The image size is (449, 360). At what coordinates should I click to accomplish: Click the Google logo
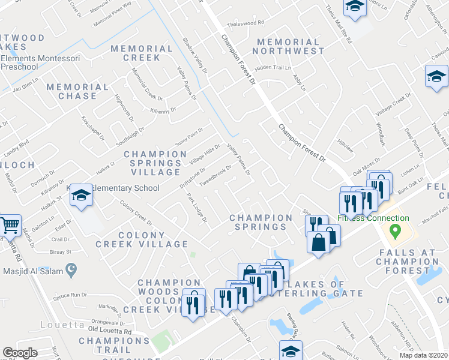[20, 353]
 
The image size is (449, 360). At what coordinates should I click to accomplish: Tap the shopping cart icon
[10, 226]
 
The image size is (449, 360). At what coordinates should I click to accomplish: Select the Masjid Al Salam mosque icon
[71, 271]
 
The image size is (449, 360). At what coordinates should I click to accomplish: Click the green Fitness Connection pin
[395, 230]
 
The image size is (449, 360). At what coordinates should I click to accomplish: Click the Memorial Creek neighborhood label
[142, 53]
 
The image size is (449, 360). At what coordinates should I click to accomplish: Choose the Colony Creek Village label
[142, 239]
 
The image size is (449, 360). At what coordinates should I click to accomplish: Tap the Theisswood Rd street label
[246, 24]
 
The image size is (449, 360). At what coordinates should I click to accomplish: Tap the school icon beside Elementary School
[81, 196]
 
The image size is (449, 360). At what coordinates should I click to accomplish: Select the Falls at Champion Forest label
[409, 262]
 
